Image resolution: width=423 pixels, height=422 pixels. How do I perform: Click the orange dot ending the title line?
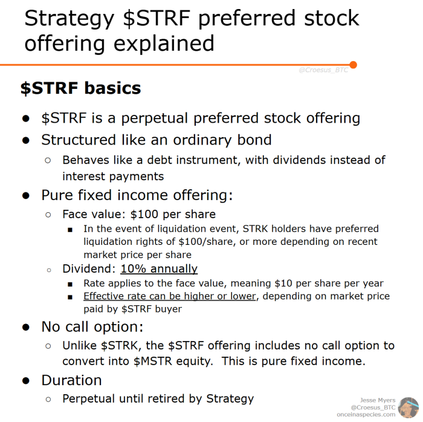point(353,65)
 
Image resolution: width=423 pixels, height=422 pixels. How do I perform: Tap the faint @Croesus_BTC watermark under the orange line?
point(323,70)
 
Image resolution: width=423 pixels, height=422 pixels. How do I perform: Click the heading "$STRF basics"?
point(80,88)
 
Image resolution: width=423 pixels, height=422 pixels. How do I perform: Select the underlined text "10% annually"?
point(159,269)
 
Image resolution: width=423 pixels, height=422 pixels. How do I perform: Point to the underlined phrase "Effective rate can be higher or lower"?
point(169,296)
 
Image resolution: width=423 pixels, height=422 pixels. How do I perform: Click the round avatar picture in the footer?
point(408,407)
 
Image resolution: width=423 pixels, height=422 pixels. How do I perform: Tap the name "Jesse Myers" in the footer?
point(378,400)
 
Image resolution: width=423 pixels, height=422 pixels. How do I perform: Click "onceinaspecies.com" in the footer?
point(366,414)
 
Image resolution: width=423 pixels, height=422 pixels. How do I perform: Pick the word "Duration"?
point(71,380)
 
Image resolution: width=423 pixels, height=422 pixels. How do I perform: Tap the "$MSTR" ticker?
point(153,361)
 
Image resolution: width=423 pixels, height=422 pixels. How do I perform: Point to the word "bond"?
point(254,140)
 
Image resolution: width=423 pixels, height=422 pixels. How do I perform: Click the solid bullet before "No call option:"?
point(26,327)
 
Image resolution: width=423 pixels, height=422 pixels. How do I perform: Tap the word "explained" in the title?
point(164,44)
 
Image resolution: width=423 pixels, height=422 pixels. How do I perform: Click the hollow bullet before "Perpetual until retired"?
point(48,400)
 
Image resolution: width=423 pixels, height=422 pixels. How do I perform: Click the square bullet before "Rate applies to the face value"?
point(70,284)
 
